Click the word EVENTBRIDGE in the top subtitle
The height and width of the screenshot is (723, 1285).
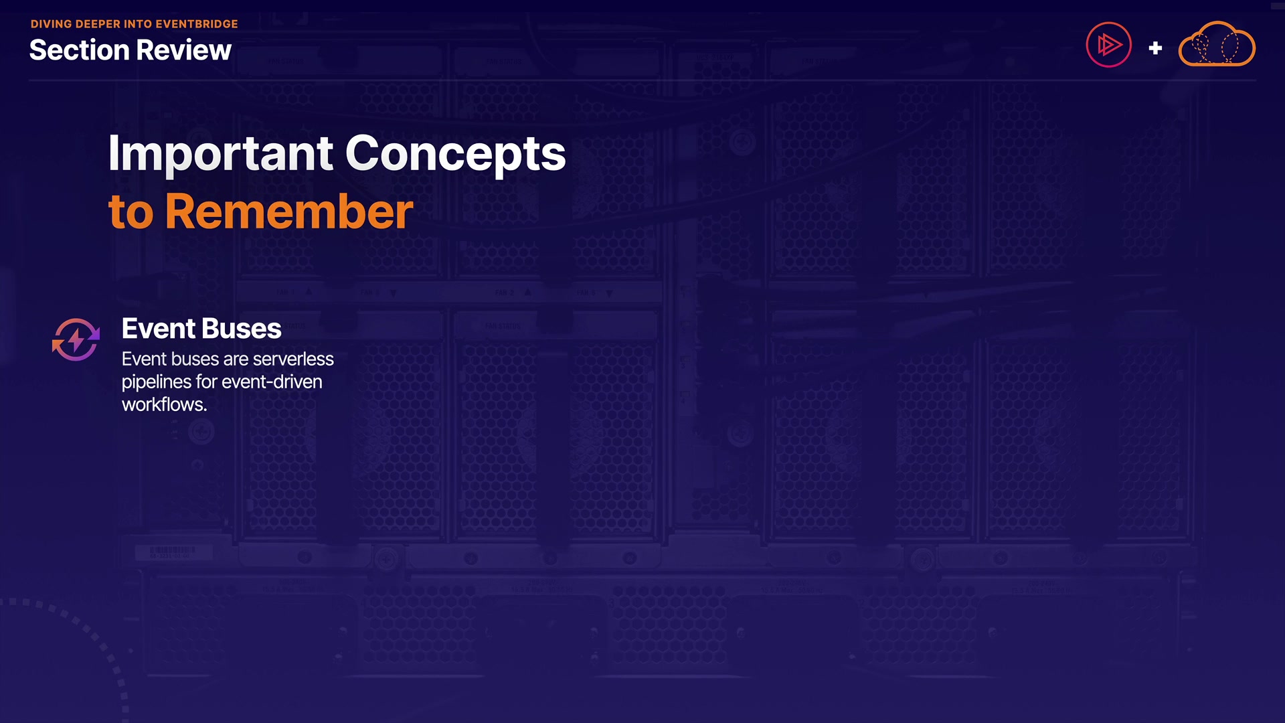(x=197, y=24)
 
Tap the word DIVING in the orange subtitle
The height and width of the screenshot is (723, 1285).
(x=51, y=24)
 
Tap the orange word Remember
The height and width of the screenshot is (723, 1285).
(x=289, y=212)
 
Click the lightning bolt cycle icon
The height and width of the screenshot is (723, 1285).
(x=76, y=340)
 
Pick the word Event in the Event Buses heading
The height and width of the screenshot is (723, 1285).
(x=159, y=329)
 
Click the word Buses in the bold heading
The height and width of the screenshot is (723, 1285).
(x=242, y=329)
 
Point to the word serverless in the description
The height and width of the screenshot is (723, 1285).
(x=292, y=359)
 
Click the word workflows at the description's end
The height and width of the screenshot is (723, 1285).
(x=164, y=405)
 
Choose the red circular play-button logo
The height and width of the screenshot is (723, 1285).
(x=1108, y=45)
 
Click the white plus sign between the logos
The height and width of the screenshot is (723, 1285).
(x=1155, y=48)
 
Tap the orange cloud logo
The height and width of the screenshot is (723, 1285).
(x=1217, y=44)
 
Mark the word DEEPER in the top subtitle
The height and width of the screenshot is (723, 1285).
(x=98, y=24)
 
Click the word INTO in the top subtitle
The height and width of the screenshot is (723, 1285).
(x=138, y=24)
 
